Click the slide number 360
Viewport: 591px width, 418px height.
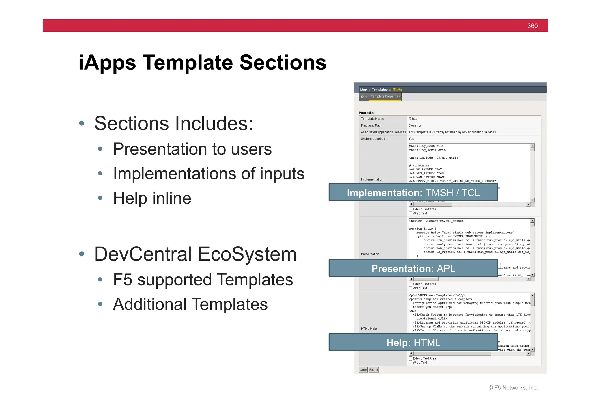(x=532, y=26)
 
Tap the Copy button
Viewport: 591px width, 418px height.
(x=363, y=370)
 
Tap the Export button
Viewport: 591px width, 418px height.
(x=373, y=370)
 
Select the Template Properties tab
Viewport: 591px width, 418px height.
(x=385, y=96)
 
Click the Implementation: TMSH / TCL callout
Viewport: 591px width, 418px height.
(x=413, y=192)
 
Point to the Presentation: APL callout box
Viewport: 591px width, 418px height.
(x=413, y=268)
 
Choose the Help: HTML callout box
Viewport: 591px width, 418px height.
(x=413, y=343)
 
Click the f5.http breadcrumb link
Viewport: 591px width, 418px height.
(x=397, y=90)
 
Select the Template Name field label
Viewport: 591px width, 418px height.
(x=372, y=119)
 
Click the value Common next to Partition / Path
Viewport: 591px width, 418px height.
(x=415, y=125)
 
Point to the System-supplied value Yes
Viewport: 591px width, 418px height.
(x=411, y=139)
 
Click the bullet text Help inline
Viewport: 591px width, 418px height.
(x=152, y=198)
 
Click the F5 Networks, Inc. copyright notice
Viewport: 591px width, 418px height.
(x=513, y=388)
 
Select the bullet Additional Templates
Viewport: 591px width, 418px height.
(x=190, y=304)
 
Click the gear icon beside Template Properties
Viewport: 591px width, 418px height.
(x=362, y=97)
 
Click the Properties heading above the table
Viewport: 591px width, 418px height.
(x=366, y=113)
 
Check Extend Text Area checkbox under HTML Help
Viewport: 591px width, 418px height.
(x=410, y=358)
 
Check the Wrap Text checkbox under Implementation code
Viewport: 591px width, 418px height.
(x=410, y=213)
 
